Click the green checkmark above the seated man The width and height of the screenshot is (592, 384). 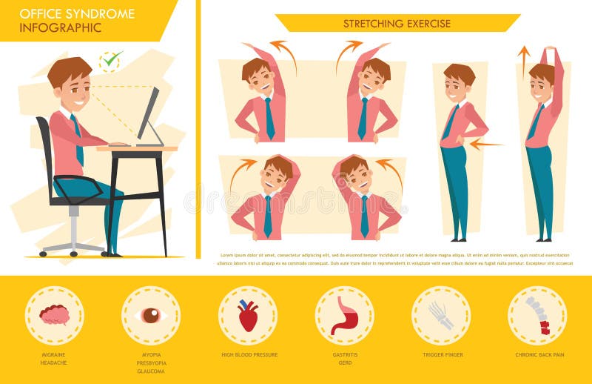tap(111, 59)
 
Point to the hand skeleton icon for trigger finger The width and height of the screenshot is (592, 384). tap(441, 314)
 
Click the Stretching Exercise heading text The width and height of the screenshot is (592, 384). tap(397, 24)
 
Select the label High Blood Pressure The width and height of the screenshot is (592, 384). tap(249, 355)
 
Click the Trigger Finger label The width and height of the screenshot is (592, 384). tap(443, 355)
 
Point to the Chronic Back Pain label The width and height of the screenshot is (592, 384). tap(539, 355)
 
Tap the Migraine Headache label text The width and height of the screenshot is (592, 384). tap(53, 359)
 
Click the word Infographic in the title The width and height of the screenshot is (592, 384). tap(50, 28)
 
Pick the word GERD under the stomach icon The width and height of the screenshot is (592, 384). tap(344, 363)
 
